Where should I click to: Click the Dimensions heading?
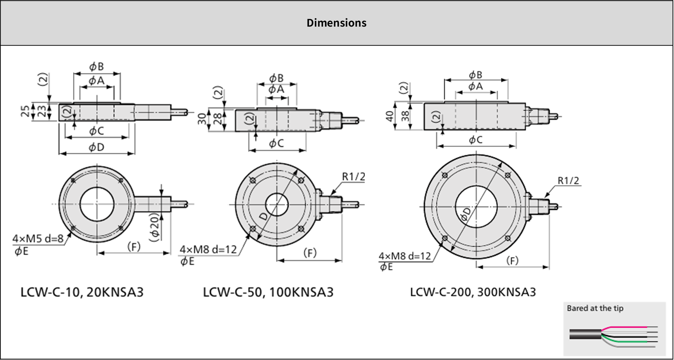337,23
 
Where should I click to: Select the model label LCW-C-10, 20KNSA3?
82,292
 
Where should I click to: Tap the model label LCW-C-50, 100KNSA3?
268,292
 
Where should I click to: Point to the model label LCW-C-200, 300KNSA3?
473,292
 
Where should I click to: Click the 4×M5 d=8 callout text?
38,238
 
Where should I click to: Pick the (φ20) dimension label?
154,227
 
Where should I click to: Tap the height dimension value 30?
202,119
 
